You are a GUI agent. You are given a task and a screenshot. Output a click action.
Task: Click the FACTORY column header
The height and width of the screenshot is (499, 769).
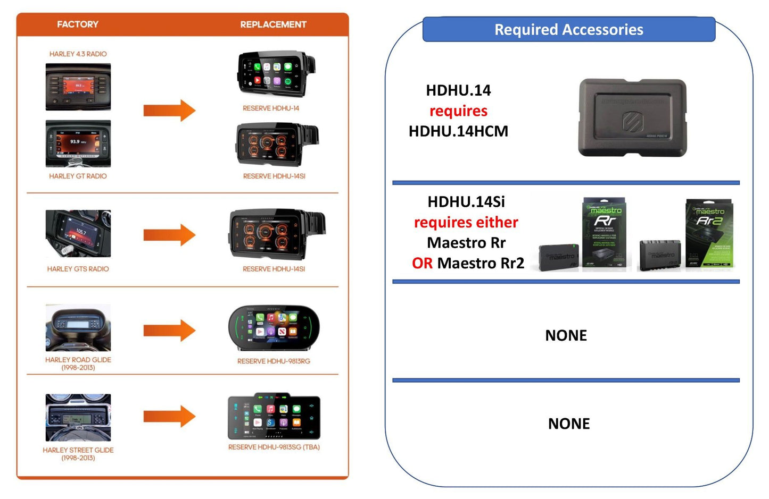click(78, 24)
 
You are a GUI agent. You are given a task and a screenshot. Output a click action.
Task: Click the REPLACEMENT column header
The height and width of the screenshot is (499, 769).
click(273, 24)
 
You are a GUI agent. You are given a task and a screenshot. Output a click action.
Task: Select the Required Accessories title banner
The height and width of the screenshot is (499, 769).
click(568, 30)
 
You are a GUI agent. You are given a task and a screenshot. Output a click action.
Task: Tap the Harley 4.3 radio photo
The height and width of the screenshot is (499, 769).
click(78, 87)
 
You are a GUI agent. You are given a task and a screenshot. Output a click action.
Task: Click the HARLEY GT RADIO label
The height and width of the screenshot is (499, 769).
click(78, 176)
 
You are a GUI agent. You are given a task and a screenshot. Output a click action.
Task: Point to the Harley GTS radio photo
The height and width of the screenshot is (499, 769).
click(78, 233)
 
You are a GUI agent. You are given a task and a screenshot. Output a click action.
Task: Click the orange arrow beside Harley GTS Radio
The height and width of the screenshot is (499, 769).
click(169, 235)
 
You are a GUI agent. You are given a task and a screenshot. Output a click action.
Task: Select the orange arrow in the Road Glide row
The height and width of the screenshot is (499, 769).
click(169, 331)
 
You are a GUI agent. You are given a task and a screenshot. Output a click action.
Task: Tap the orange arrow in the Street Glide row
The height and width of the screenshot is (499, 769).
click(169, 416)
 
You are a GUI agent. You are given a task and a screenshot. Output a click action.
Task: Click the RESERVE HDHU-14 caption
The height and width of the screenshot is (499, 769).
click(271, 108)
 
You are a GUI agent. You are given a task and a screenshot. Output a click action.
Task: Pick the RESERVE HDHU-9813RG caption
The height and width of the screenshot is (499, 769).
click(274, 361)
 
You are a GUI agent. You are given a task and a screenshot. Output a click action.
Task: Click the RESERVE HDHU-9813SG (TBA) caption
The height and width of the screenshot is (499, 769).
click(274, 447)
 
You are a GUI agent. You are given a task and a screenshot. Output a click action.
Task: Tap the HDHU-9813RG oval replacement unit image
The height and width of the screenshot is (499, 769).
click(274, 328)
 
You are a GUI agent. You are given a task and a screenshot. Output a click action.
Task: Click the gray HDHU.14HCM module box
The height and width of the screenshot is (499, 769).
click(632, 117)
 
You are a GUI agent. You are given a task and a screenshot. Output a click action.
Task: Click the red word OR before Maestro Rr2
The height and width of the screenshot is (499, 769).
click(422, 264)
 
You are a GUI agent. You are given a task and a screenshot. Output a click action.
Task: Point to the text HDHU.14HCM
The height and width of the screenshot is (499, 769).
click(458, 131)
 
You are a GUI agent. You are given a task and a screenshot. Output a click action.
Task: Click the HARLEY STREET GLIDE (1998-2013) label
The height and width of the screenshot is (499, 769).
click(78, 454)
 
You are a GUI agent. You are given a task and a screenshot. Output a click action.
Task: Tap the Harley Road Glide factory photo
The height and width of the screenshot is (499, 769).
click(78, 327)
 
